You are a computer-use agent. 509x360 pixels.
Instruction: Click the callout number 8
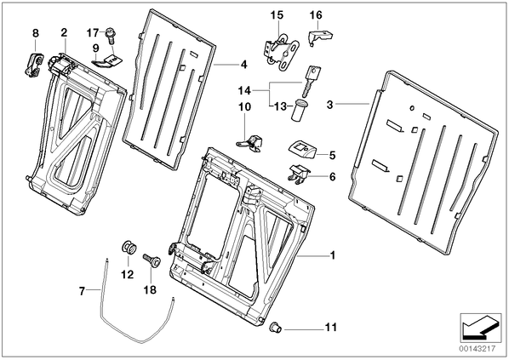tap(36, 33)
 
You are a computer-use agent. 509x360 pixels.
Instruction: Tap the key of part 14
tap(311, 81)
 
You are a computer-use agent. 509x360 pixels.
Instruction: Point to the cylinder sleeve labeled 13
tap(300, 111)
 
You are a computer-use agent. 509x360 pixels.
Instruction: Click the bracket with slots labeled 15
tap(282, 51)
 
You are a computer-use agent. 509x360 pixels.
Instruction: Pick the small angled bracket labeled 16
tap(319, 37)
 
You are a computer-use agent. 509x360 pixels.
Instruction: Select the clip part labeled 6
tap(299, 173)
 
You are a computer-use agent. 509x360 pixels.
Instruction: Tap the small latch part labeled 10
tap(250, 142)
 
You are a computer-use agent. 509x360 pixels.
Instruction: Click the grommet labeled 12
tap(129, 248)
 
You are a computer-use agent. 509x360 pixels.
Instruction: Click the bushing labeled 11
tap(276, 326)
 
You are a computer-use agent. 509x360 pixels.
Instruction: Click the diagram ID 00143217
tap(478, 349)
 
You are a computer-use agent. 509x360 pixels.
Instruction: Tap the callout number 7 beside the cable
tap(82, 291)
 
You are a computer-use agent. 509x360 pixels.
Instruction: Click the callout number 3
tap(329, 105)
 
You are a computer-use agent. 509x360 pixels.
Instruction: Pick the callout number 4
tap(243, 65)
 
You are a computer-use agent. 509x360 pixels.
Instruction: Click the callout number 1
tap(332, 255)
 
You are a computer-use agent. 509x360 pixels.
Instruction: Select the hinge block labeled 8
tap(33, 65)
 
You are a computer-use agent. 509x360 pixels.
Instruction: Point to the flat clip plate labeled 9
tap(106, 61)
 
